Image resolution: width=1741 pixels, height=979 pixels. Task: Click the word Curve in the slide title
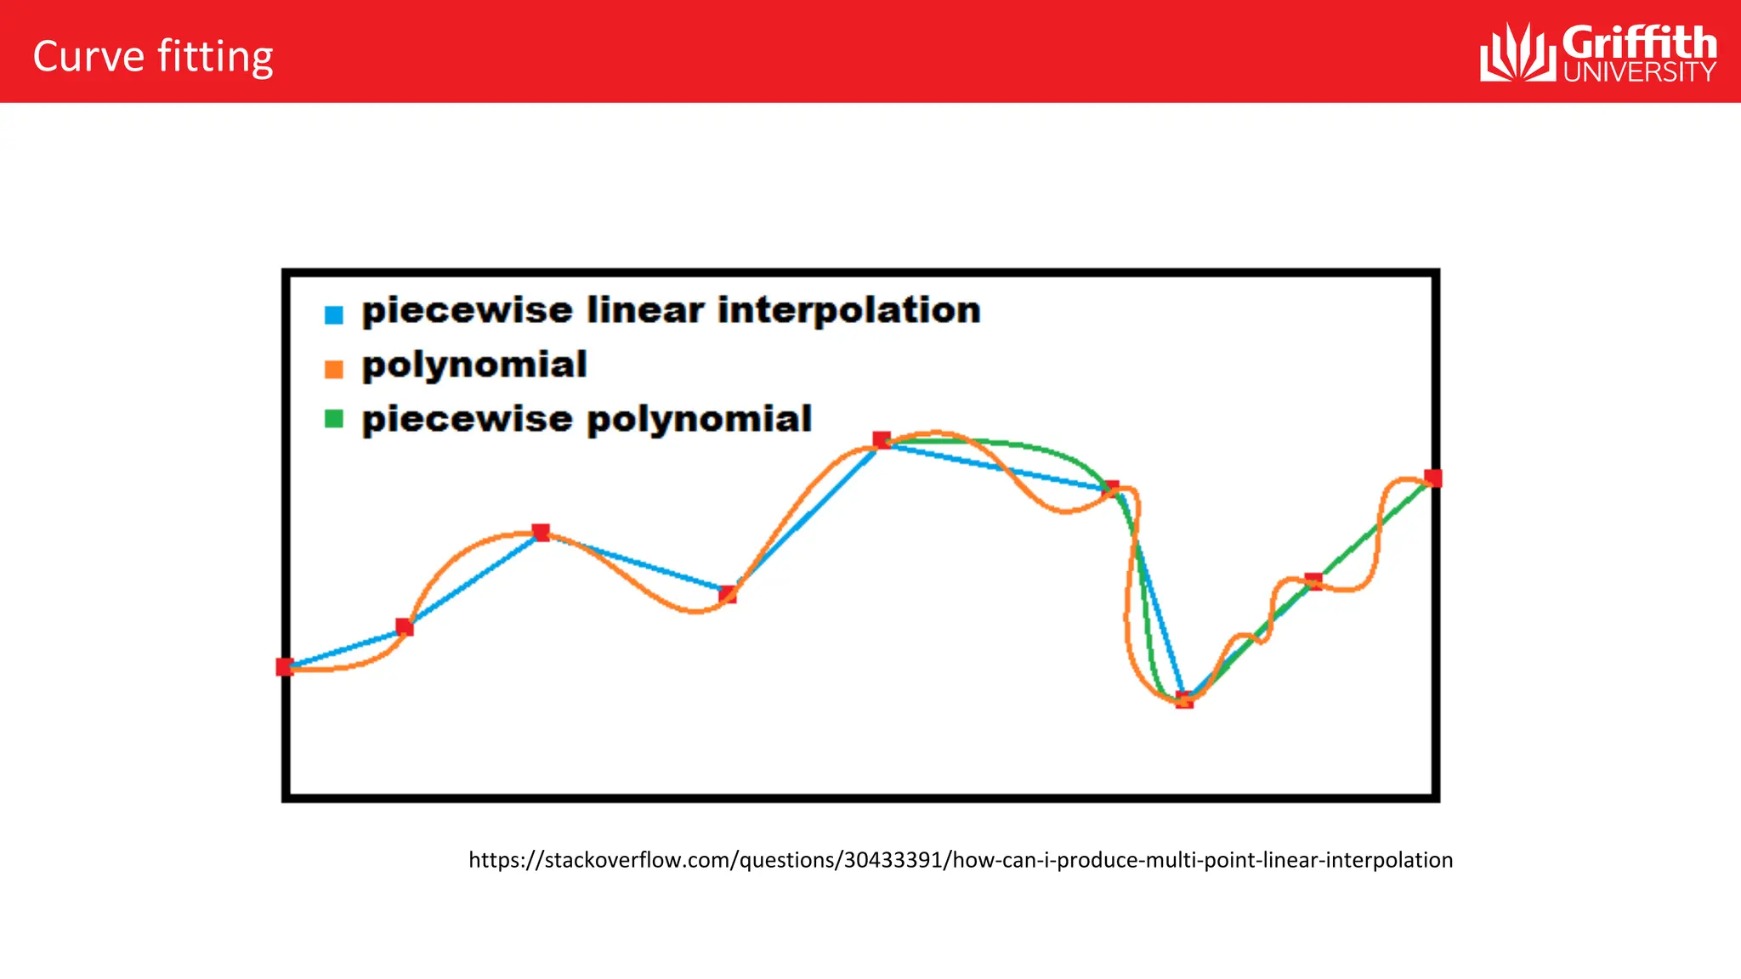coord(88,57)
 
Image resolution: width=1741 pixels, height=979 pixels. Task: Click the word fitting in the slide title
coord(215,59)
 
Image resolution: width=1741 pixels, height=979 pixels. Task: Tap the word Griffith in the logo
coord(1639,42)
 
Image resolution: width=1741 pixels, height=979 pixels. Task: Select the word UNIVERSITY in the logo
coord(1639,72)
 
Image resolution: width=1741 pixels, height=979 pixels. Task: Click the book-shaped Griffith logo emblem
coord(1517,53)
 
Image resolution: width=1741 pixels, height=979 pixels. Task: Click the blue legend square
coord(334,315)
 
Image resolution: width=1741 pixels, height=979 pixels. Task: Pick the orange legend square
coord(334,370)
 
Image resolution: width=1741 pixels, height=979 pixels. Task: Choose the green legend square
coord(334,419)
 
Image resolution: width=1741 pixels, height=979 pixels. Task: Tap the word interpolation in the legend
coord(848,310)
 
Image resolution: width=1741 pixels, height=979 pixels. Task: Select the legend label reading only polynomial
coord(474,365)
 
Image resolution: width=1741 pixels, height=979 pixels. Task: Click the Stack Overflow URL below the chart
coord(961,860)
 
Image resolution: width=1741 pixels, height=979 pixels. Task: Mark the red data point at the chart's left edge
coord(285,667)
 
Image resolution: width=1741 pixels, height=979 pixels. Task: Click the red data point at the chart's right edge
coord(1433,478)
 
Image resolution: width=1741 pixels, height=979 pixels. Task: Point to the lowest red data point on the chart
coord(1184,700)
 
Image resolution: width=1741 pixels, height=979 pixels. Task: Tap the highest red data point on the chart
coord(882,440)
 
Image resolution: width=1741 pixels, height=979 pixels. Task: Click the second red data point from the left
coord(405,628)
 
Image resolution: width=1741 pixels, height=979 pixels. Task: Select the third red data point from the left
coord(541,533)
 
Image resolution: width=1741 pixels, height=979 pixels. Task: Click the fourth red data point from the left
coord(728,594)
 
